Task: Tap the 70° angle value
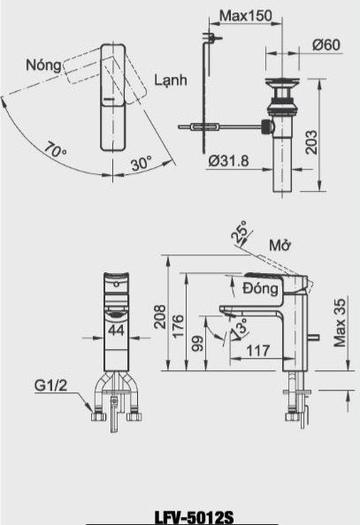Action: click(x=55, y=153)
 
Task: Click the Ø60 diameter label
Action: click(x=327, y=45)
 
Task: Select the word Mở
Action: click(x=281, y=243)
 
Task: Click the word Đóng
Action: click(x=261, y=287)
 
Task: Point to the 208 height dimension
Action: click(x=160, y=317)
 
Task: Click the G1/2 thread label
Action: click(x=50, y=386)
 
